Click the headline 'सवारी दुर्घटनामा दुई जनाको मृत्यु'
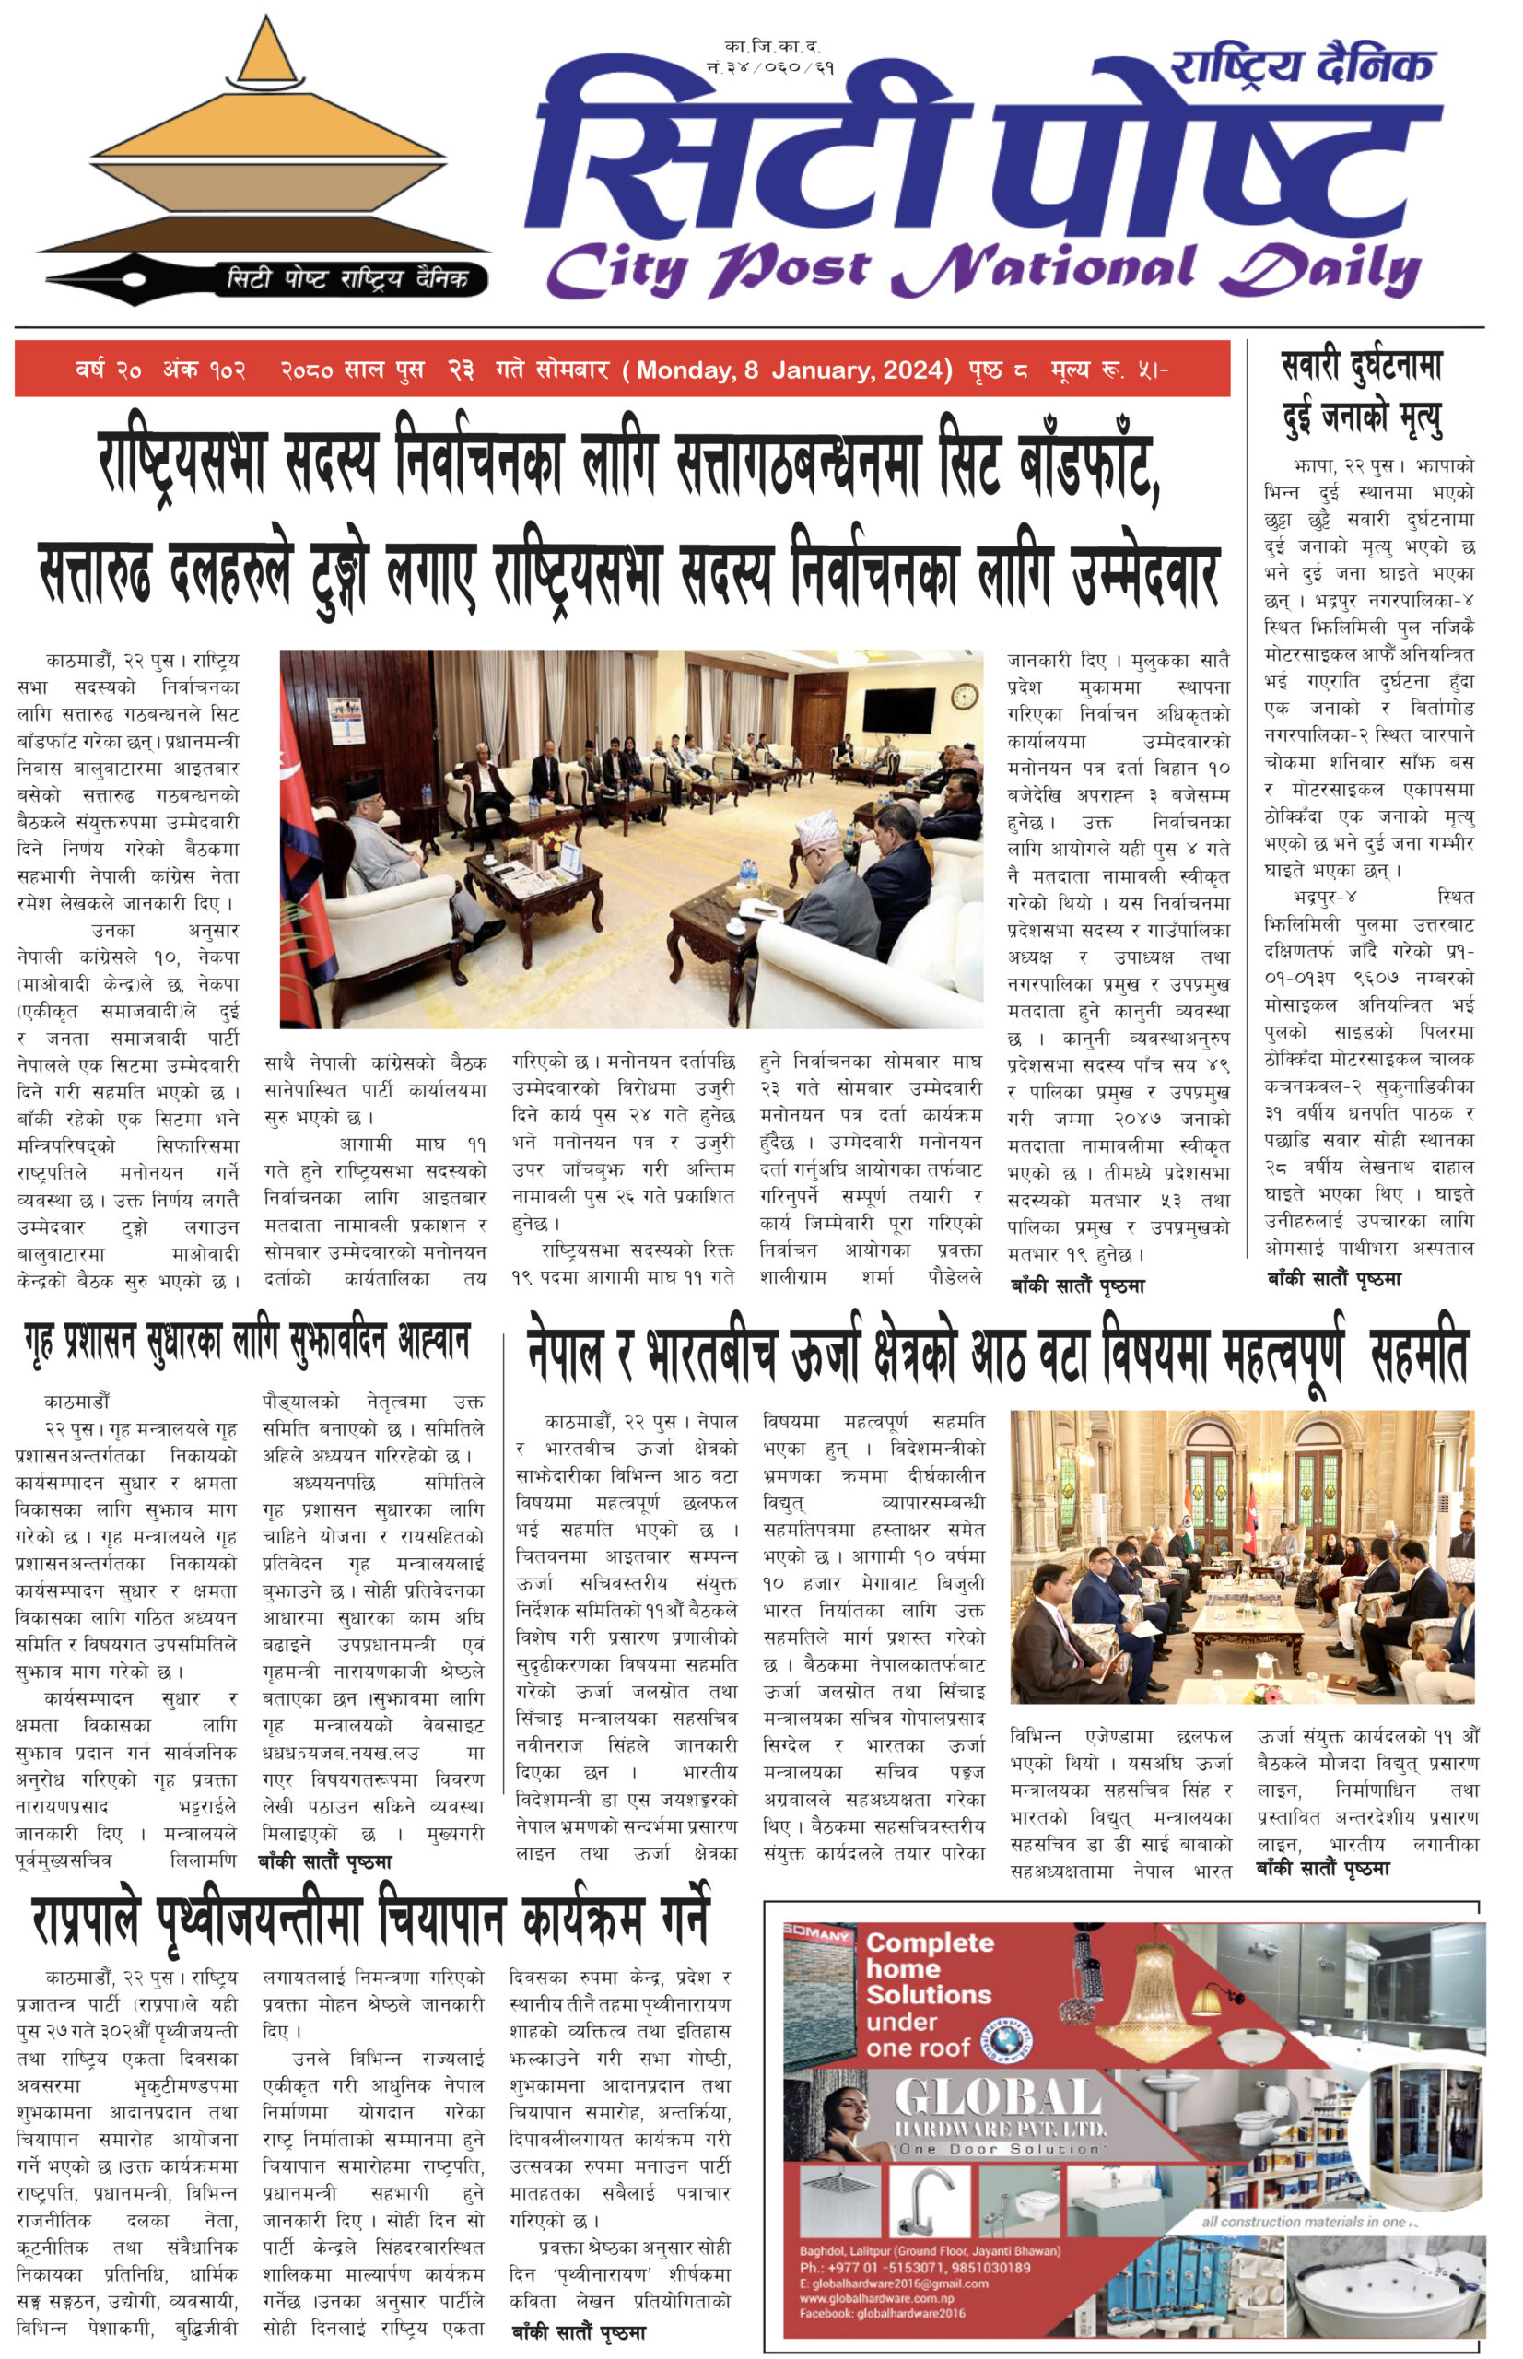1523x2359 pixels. click(x=1362, y=392)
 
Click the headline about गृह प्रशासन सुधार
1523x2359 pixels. click(x=247, y=1343)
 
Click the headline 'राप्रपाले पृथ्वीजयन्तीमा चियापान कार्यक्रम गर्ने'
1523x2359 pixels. click(x=371, y=1920)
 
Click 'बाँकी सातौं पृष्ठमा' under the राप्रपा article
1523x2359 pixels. click(x=579, y=2332)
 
